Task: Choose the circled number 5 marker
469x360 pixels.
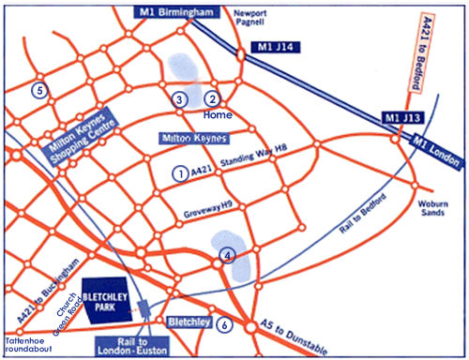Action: [x=38, y=90]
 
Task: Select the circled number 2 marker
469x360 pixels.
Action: [x=212, y=98]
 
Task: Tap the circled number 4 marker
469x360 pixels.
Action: [x=226, y=255]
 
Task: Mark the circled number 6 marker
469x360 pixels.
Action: [x=223, y=325]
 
